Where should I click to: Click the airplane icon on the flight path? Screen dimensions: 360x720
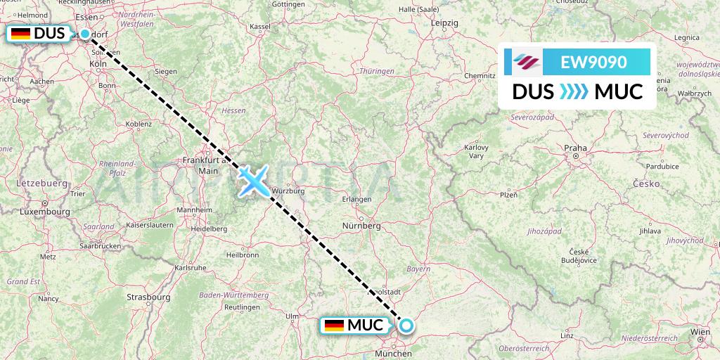click(252, 180)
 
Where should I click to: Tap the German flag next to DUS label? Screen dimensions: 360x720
click(20, 34)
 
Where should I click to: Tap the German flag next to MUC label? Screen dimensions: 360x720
click(334, 326)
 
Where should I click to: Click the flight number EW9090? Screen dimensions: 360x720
click(593, 62)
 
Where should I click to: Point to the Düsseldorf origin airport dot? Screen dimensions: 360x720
click(85, 34)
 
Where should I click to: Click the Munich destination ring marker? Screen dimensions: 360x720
click(406, 326)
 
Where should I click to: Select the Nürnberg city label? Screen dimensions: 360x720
click(360, 226)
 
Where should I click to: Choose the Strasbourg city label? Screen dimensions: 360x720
click(148, 297)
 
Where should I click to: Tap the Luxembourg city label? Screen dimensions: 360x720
click(44, 211)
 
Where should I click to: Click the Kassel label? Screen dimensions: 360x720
click(260, 26)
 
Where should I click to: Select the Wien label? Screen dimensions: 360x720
click(700, 330)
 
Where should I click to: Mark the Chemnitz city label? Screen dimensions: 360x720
click(480, 75)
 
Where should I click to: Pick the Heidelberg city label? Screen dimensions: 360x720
click(210, 229)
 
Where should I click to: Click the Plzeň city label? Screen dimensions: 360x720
click(508, 194)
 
